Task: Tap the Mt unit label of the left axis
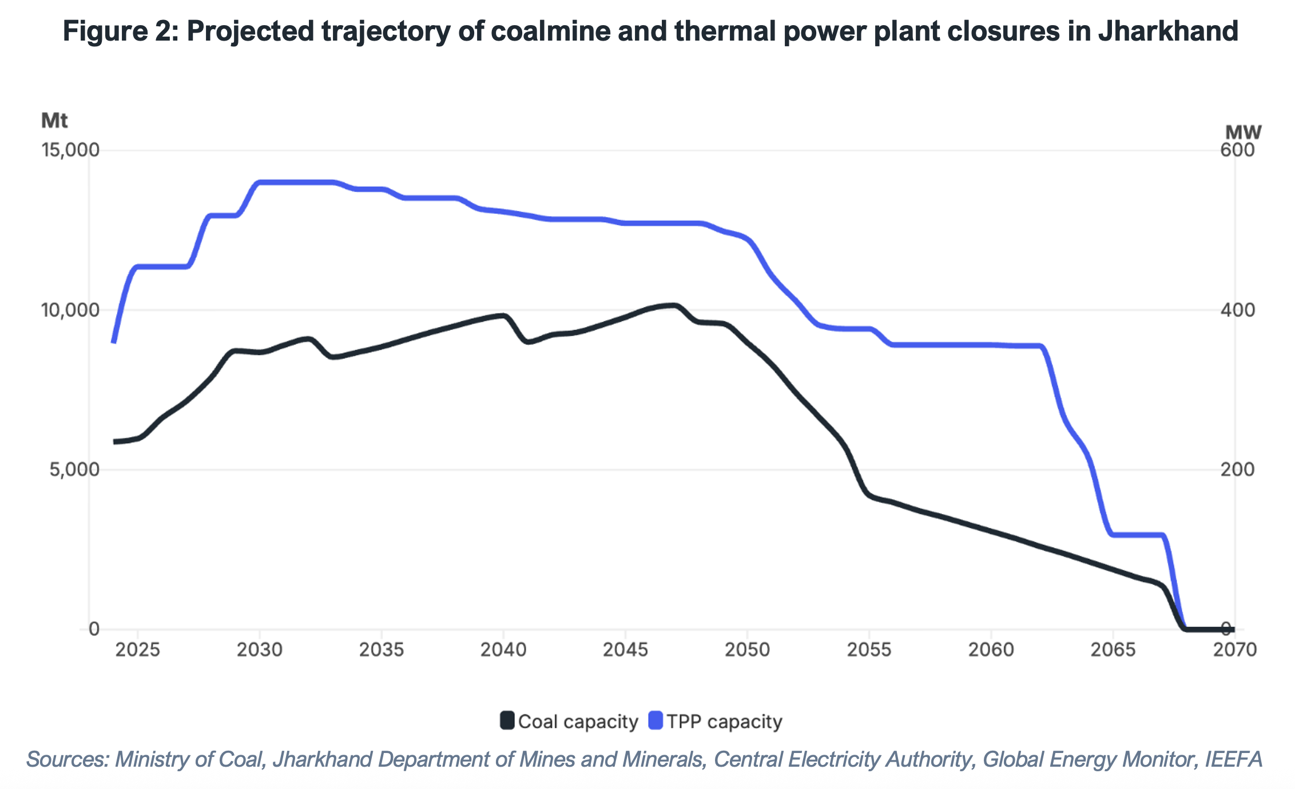click(54, 121)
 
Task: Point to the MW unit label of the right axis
click(1243, 133)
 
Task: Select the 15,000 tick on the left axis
click(70, 150)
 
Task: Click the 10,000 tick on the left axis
click(70, 310)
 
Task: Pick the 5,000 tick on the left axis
click(74, 470)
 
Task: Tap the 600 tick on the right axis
click(1237, 150)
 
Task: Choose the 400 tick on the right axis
click(1237, 310)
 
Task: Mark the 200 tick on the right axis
click(1237, 470)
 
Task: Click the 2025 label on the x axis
click(137, 650)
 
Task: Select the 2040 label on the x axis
click(503, 650)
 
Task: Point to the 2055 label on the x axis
click(869, 650)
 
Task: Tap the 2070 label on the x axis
click(1234, 650)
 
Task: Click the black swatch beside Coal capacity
click(507, 720)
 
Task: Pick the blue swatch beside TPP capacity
click(656, 720)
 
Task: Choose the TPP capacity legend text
click(724, 722)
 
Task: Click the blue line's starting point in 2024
click(114, 342)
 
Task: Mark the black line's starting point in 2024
click(114, 442)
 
